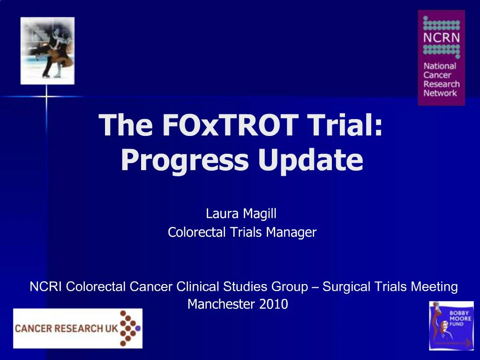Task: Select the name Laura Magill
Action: click(241, 214)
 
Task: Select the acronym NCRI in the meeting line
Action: click(46, 286)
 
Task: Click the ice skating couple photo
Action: click(47, 51)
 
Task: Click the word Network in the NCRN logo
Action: click(440, 93)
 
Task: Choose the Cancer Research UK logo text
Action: click(66, 329)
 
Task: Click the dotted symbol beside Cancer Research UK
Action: click(130, 328)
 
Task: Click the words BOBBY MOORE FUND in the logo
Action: click(460, 318)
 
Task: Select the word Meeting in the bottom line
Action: click(434, 286)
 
